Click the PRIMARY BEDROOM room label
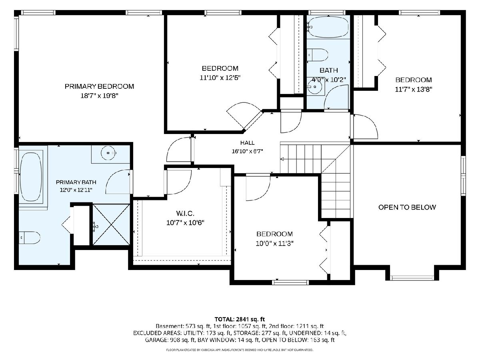[x=99, y=86]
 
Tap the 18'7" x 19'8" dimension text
[x=99, y=96]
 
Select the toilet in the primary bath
[x=29, y=238]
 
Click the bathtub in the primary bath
[x=31, y=177]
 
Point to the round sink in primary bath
[x=108, y=153]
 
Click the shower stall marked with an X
[x=111, y=224]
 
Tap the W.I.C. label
[x=185, y=213]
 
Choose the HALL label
[x=247, y=143]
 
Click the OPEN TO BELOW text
[x=407, y=207]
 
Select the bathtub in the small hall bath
[x=328, y=27]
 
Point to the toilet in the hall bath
[x=317, y=55]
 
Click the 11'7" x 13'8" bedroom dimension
[x=414, y=89]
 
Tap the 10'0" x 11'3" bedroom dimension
[x=274, y=243]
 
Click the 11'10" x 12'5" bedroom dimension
[x=220, y=78]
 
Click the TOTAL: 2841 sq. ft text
[x=240, y=319]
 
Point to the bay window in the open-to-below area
[x=412, y=278]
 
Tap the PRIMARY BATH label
[x=76, y=182]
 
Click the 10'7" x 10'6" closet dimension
[x=185, y=223]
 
